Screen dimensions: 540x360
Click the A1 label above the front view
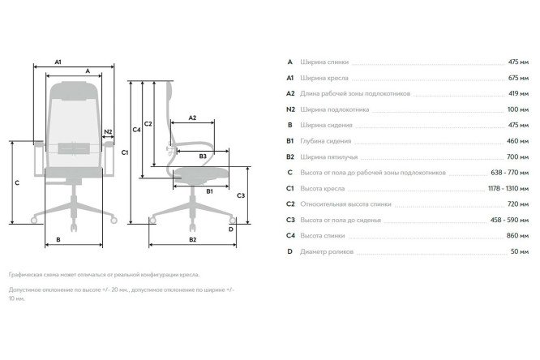(58, 62)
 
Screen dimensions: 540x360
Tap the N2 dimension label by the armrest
(108, 131)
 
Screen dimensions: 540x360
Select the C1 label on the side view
(125, 152)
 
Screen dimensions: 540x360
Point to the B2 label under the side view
(192, 239)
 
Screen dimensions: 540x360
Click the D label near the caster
(231, 229)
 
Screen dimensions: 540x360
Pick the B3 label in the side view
(203, 156)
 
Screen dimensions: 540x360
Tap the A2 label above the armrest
(192, 118)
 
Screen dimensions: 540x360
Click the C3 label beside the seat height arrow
(241, 195)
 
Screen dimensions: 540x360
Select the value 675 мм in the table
(518, 78)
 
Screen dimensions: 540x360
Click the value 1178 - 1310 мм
(508, 188)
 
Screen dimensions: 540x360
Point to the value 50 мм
(520, 251)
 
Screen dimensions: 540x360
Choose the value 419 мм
(519, 94)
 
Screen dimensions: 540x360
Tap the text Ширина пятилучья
(329, 157)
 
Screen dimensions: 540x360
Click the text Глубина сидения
(326, 141)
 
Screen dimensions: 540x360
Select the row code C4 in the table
(290, 236)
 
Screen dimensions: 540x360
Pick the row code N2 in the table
(290, 109)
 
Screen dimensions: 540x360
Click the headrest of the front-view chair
(74, 91)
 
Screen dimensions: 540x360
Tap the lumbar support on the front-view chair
(74, 148)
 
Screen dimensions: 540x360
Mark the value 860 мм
(517, 236)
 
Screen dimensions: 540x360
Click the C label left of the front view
(17, 182)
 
